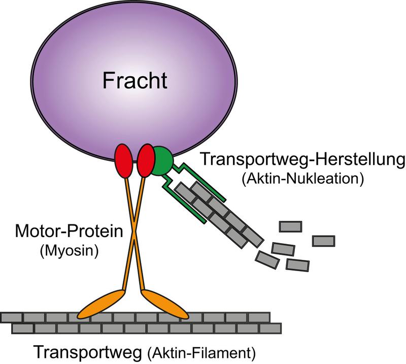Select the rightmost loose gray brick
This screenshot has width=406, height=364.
[x=323, y=241]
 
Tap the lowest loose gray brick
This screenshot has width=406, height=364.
[x=298, y=264]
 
